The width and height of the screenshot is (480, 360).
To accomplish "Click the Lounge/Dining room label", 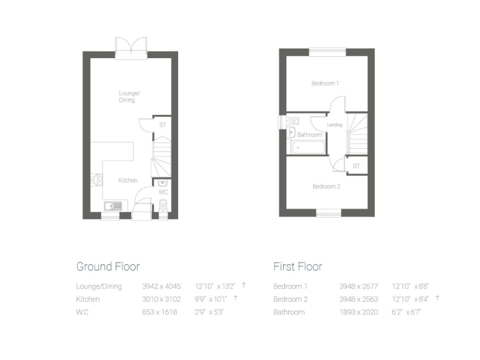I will pos(129,96).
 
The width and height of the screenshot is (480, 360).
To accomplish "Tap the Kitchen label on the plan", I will pos(128,180).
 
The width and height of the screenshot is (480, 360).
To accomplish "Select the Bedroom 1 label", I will pos(325,83).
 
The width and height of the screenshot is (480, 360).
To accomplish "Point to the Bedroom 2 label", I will pos(326,186).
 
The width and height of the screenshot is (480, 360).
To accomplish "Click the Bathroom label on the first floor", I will pos(310,134).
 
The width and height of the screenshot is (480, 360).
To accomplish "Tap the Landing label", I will pos(335,125).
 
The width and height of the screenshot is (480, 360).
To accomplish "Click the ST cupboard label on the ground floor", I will pos(162,125).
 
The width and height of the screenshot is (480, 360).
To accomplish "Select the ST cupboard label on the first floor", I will pos(356,166).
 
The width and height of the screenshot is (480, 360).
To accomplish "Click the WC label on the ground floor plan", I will pos(162,192).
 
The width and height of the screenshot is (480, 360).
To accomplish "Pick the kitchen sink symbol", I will pos(114,205).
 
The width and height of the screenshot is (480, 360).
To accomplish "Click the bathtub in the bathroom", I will pos(307,147).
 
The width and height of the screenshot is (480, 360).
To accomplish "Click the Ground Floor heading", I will pos(107,266).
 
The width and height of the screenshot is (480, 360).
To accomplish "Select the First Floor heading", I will pos(297,266).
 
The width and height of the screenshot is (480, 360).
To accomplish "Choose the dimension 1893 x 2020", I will pos(359,311).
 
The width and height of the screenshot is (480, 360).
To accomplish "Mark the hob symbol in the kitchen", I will pos(97,180).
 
